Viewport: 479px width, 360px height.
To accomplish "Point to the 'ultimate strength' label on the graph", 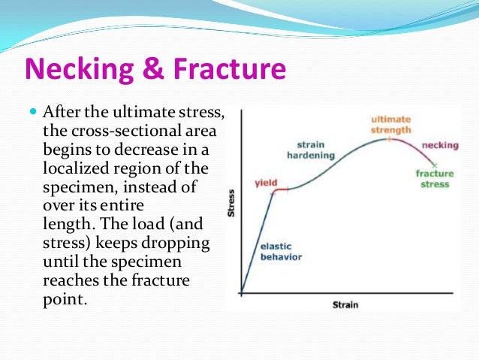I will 391,125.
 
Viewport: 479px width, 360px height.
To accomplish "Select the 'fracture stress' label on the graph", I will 435,179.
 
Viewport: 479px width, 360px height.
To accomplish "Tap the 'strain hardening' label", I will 307,150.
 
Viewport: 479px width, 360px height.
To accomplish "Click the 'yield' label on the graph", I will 267,183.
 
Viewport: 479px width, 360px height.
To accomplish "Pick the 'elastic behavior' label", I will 280,252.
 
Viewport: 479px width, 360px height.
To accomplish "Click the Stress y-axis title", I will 232,204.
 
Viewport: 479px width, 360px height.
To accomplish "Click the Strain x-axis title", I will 345,304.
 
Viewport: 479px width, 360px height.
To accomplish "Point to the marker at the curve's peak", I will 389,139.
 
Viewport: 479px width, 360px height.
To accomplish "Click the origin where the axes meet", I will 242,293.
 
